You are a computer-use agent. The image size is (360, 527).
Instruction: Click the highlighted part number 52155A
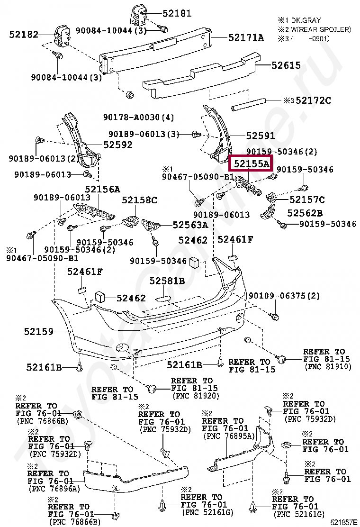(251, 164)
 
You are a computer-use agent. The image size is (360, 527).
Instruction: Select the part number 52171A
(246, 37)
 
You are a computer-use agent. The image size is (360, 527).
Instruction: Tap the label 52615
(286, 65)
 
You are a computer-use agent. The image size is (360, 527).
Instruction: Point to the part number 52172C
(313, 100)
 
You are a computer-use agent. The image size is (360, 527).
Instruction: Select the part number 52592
(118, 145)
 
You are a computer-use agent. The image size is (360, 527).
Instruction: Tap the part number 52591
(261, 136)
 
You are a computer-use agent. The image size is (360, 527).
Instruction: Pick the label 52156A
(102, 189)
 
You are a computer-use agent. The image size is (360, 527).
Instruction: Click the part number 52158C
(139, 200)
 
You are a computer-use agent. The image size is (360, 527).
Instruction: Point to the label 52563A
(190, 225)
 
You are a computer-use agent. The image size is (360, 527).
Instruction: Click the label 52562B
(305, 213)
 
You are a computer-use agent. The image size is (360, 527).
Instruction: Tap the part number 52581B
(167, 281)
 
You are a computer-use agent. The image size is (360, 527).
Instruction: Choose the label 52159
(39, 332)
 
